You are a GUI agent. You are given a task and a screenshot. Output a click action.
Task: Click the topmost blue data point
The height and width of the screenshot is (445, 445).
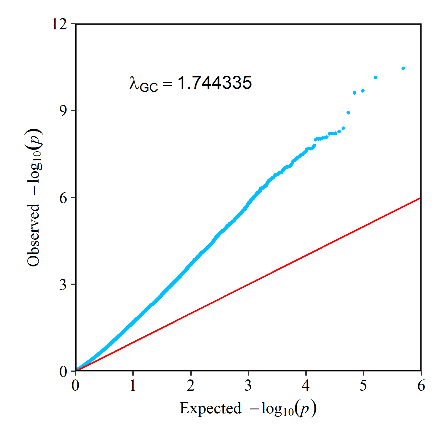[403, 68]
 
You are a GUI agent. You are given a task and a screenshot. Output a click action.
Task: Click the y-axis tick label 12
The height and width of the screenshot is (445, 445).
[59, 24]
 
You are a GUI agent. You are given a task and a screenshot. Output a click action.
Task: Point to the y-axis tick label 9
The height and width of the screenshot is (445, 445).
[63, 111]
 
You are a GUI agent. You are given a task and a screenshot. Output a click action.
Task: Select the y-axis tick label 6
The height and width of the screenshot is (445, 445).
[63, 198]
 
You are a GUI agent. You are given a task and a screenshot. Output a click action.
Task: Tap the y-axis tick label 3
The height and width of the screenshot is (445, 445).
[63, 285]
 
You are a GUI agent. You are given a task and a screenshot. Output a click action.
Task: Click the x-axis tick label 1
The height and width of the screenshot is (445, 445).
[133, 386]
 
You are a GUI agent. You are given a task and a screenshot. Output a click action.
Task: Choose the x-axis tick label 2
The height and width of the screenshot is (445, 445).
[190, 386]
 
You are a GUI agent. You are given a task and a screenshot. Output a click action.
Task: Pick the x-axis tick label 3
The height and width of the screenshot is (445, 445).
[248, 386]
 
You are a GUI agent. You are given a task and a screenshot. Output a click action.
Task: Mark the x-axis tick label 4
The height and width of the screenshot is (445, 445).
[306, 386]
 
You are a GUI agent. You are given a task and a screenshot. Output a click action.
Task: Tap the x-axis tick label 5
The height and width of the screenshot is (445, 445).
[363, 386]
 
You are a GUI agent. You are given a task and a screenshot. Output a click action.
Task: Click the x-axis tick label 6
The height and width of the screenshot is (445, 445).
[421, 386]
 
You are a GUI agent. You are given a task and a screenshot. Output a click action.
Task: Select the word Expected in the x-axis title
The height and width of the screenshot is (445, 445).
[210, 408]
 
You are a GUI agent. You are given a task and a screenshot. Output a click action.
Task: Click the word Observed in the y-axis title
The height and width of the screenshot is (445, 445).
[33, 235]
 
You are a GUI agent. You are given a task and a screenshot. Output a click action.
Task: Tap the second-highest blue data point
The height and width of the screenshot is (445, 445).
[376, 77]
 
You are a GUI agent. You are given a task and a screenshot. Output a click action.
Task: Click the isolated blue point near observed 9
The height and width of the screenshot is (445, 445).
[348, 113]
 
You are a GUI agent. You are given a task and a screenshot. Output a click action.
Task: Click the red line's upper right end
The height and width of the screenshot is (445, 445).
[420, 198]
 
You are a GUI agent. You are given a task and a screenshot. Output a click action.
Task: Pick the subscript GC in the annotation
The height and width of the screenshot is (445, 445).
[149, 88]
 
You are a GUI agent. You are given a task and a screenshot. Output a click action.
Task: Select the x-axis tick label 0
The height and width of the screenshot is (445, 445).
[75, 386]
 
